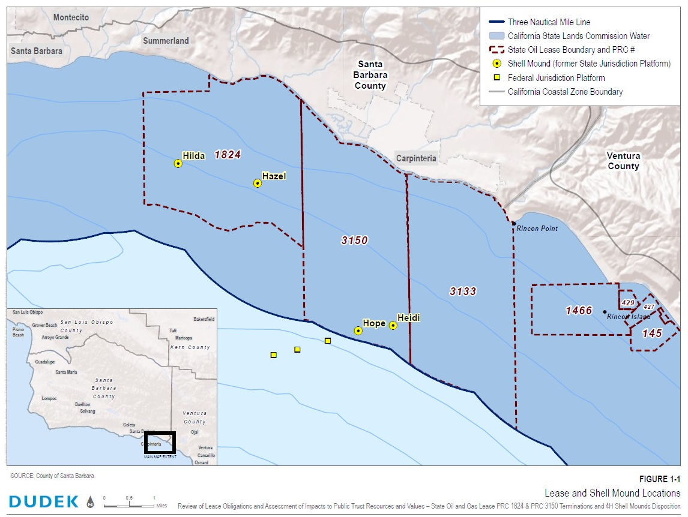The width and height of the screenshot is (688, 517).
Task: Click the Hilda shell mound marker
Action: point(178,163)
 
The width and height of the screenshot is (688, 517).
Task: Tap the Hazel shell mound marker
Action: point(258,183)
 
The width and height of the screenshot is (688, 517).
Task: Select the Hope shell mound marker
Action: point(358,330)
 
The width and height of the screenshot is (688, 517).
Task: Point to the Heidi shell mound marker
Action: point(393,325)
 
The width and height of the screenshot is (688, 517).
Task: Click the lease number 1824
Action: point(228,155)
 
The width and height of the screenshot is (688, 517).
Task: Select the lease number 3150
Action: point(354,241)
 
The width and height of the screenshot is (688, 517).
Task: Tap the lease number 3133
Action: point(463,291)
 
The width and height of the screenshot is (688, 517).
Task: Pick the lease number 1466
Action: point(579,311)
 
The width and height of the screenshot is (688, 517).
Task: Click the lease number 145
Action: point(651,333)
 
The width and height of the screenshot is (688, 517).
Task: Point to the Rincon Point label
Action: point(537,229)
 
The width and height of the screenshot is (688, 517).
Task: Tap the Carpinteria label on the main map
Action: point(416,159)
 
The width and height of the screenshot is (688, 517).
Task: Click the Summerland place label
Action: point(166,41)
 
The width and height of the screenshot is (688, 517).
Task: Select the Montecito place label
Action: point(71,17)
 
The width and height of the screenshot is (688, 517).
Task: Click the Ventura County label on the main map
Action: point(623,161)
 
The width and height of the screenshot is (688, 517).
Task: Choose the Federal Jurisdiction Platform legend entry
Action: point(556,78)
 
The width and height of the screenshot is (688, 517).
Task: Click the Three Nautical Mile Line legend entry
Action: point(549,22)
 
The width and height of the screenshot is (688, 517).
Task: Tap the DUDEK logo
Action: point(44,501)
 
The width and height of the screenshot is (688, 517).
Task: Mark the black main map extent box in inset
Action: point(159,443)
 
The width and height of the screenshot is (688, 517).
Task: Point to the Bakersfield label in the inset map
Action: point(204,319)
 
